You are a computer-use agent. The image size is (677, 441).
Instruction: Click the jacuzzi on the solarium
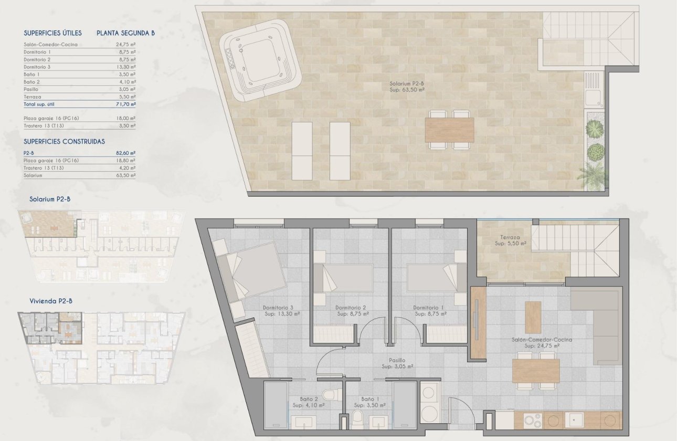(x=260, y=66)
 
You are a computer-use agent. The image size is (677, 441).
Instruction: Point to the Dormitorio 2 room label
(x=350, y=308)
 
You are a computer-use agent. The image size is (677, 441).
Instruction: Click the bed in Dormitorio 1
(x=433, y=278)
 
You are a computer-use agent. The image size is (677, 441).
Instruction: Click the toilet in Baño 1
(x=357, y=418)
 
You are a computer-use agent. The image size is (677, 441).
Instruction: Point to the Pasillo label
(x=397, y=360)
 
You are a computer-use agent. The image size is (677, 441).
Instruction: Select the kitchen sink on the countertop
(x=577, y=420)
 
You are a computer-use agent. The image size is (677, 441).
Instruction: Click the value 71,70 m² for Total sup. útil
(x=125, y=104)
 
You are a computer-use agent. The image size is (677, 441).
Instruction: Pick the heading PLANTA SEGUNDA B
(x=125, y=33)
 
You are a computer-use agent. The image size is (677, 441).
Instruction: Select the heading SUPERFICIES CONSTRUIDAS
(x=64, y=142)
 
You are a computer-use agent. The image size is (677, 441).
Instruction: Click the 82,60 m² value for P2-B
(x=125, y=153)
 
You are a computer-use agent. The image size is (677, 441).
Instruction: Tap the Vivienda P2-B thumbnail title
(x=51, y=301)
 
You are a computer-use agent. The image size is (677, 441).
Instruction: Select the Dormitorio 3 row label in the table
(x=37, y=67)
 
